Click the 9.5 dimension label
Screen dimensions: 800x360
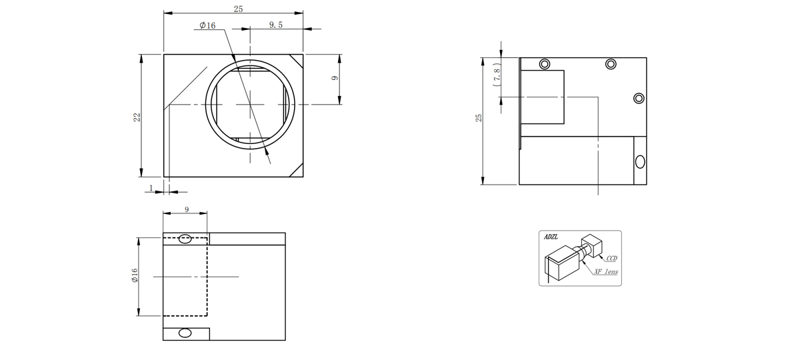coord(276,25)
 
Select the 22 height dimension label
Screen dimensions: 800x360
coord(137,117)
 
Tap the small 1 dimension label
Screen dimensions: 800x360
coord(151,188)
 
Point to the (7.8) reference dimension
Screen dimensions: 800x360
coord(497,74)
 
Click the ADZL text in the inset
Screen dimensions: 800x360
coord(551,237)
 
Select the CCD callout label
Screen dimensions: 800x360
coord(612,258)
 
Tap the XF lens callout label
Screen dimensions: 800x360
coord(606,272)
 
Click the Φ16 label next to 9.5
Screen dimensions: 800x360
coord(207,25)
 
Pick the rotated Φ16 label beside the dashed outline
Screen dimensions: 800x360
coord(135,275)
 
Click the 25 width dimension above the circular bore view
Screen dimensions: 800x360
coord(238,9)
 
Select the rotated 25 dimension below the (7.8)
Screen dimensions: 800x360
coord(479,118)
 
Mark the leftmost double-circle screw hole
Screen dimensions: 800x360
coord(545,64)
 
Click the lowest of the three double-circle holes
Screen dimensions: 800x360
coord(639,98)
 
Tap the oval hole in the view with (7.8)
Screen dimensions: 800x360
coord(641,162)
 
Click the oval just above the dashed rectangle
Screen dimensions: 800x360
coord(185,239)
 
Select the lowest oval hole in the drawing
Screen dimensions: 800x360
coord(185,333)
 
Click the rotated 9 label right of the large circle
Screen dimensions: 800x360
coord(335,78)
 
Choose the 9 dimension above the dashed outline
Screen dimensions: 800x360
coord(187,209)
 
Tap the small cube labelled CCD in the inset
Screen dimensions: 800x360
coord(592,245)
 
